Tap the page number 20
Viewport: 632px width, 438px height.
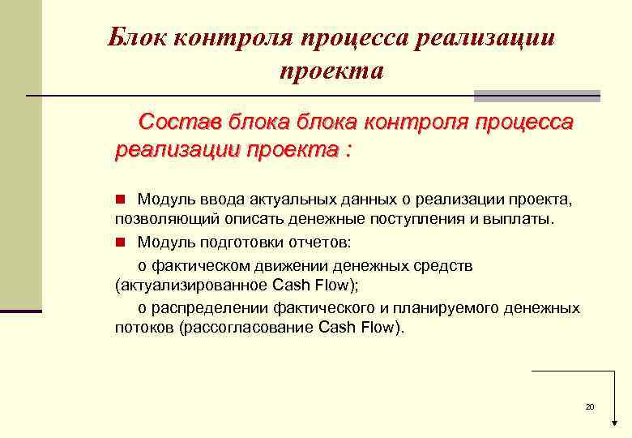[590, 406]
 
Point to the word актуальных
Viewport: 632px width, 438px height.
[273, 200]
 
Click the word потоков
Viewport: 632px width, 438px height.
[144, 328]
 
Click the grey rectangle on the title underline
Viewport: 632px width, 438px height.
[536, 96]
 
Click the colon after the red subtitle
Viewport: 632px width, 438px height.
[348, 150]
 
